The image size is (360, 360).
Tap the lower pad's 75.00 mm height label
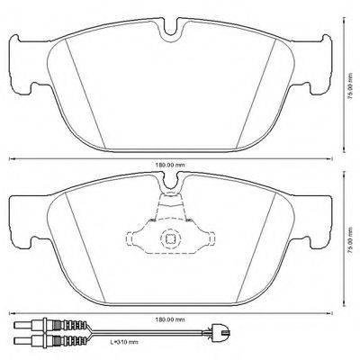click(x=348, y=237)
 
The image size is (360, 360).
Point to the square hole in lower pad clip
click(x=170, y=238)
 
